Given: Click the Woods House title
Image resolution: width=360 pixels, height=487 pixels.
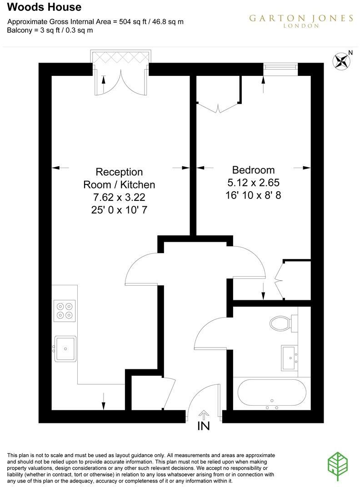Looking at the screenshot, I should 45,7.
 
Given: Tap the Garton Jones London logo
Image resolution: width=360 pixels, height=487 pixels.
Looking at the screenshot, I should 301,21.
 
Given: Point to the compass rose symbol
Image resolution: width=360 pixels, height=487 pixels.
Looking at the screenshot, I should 342,61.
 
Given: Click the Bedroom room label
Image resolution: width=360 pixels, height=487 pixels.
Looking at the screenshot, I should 253,170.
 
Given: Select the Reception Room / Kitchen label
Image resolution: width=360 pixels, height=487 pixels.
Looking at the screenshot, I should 119,179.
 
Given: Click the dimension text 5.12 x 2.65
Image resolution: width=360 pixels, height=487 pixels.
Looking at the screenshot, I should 253,183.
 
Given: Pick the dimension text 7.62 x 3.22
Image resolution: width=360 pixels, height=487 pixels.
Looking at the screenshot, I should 119,198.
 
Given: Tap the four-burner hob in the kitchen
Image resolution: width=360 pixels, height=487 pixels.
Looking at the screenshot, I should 65,310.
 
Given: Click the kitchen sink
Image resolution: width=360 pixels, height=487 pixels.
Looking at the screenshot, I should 65,349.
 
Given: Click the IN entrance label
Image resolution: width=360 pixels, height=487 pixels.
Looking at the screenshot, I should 204,426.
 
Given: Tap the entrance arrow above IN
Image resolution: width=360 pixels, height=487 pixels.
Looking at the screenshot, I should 204,414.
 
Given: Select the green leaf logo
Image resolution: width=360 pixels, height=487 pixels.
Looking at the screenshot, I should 339,467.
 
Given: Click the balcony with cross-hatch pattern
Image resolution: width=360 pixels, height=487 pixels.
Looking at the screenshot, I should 120,58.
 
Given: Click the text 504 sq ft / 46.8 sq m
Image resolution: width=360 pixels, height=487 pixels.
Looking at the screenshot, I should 151,22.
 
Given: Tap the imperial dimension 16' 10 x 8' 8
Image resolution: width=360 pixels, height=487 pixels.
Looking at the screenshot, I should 253,195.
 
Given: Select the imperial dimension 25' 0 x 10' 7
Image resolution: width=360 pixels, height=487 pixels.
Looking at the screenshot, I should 119,210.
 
